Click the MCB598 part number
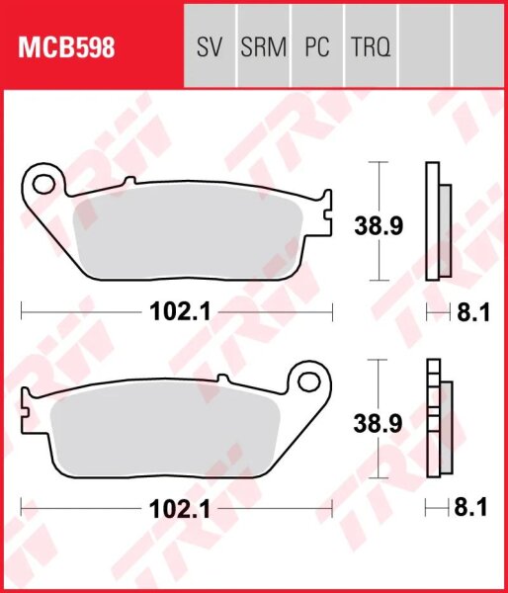(x=62, y=46)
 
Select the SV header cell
(x=210, y=46)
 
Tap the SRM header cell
(x=262, y=46)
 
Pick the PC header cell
(x=316, y=46)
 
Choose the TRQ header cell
(x=370, y=46)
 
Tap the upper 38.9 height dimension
(x=378, y=226)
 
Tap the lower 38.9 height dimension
(x=378, y=424)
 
